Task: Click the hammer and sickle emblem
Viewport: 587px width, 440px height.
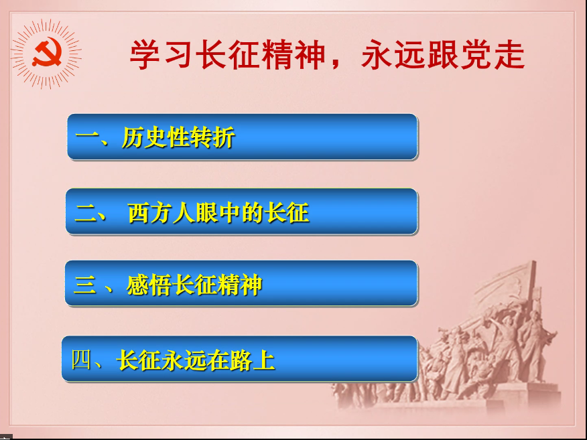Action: coord(47,53)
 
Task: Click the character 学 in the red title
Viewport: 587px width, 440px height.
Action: coord(145,55)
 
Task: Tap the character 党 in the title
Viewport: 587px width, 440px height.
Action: coord(476,55)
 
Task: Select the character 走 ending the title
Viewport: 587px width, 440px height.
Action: coord(509,55)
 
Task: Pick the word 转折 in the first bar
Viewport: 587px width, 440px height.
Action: coord(212,137)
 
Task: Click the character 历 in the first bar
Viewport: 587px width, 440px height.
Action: coord(133,137)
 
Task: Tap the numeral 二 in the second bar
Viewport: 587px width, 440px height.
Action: coord(86,213)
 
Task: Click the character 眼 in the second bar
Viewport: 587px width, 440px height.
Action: coord(207,213)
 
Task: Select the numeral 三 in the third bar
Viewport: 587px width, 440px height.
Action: coord(84,285)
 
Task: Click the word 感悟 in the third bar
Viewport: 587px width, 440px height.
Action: coord(149,285)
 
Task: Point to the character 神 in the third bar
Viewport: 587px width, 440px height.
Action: coord(251,285)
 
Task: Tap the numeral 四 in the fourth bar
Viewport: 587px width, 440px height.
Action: coord(81,360)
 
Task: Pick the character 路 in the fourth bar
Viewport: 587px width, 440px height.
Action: coord(241,360)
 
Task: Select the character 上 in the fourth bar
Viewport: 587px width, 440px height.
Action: coord(264,360)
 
